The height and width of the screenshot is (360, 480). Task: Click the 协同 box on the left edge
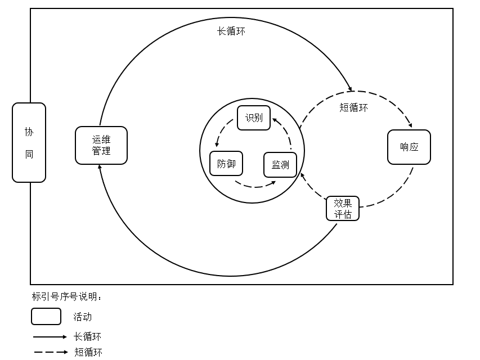point(29,142)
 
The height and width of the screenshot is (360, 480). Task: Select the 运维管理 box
point(101,145)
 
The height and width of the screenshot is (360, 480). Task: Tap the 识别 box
point(254,118)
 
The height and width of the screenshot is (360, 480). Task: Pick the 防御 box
point(226,164)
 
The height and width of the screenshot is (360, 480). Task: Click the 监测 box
point(280,164)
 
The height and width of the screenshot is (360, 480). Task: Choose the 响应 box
point(409,147)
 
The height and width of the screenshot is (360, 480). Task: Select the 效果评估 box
point(343,208)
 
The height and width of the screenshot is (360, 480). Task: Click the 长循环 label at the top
point(231,31)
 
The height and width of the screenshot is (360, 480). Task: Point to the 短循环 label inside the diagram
point(354,107)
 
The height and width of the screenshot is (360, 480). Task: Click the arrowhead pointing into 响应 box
point(410,125)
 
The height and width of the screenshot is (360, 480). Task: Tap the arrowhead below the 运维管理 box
point(100,167)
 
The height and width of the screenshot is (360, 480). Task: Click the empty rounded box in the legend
point(46,317)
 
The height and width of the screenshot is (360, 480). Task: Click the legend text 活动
point(82,317)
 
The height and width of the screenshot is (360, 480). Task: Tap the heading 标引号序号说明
point(67,296)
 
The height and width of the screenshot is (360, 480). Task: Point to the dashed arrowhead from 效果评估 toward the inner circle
point(303,175)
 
